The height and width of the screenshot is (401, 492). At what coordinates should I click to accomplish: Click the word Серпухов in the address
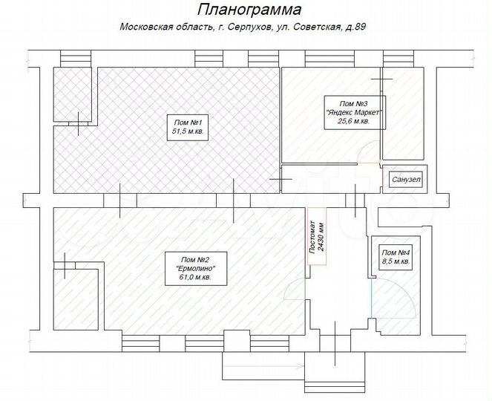tap(245, 28)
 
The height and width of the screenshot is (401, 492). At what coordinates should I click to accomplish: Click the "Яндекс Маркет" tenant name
tap(353, 111)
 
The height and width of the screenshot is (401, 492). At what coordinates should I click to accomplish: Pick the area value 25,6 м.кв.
tap(353, 120)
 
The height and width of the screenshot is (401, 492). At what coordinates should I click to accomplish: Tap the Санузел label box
tap(405, 180)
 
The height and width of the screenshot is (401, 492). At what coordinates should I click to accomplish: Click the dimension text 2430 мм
tap(321, 238)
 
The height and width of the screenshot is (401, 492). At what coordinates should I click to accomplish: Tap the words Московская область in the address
tap(154, 28)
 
